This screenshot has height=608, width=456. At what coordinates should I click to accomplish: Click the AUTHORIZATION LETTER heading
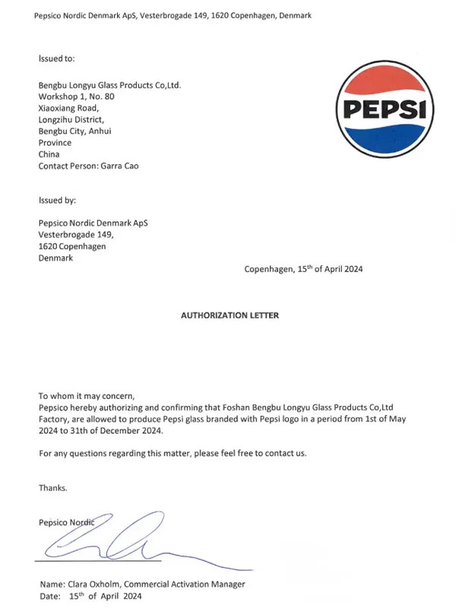[230, 315]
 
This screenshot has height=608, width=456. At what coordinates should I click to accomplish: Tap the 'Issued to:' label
[56, 58]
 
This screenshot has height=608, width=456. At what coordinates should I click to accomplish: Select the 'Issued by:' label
[57, 201]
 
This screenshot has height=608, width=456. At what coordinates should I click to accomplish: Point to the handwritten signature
[114, 541]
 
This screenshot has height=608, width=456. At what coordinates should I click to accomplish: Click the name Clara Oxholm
[93, 584]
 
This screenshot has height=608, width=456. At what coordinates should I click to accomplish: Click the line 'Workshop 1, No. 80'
[77, 97]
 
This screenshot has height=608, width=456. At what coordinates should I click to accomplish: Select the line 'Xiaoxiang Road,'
[68, 108]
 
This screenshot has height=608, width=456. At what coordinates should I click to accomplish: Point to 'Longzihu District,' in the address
[71, 119]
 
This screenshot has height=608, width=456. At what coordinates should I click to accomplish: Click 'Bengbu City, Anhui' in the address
[75, 131]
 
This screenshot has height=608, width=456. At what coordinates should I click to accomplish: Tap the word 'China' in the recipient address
[49, 154]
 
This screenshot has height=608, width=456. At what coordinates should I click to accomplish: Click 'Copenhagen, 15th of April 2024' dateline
[303, 269]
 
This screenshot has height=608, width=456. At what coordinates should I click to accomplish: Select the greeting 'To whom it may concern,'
[86, 396]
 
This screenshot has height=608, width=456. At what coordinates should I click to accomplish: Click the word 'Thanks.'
[53, 488]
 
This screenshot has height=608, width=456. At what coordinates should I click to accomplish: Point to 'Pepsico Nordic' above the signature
[66, 522]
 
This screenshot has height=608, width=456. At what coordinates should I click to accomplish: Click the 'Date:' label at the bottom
[49, 597]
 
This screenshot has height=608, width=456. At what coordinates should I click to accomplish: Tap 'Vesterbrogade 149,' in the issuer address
[76, 235]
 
